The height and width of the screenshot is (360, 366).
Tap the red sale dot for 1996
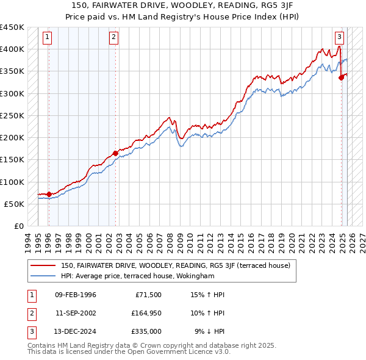click(x=49, y=194)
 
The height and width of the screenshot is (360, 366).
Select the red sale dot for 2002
click(x=115, y=153)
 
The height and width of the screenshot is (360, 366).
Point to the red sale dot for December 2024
click(x=342, y=77)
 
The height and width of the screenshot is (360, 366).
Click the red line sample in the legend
click(x=43, y=265)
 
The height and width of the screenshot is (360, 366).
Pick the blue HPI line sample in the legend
click(x=43, y=276)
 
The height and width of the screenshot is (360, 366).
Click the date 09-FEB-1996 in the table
click(x=75, y=295)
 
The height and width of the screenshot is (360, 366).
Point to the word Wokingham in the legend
click(x=195, y=276)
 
